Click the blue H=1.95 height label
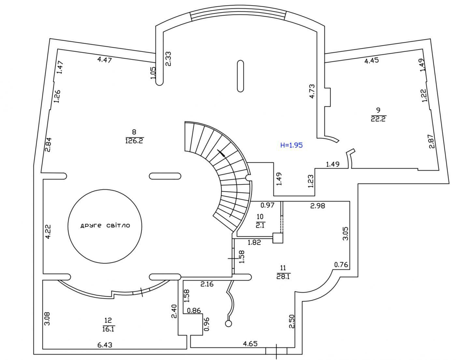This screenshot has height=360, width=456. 292,145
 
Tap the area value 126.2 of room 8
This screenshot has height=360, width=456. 135,141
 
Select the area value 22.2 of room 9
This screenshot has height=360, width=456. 378,119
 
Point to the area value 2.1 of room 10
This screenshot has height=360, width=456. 260,225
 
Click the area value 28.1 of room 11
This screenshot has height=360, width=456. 283,276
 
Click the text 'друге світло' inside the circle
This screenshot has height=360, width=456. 105,226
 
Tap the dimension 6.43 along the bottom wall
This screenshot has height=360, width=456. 105,345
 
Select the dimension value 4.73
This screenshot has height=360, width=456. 312,91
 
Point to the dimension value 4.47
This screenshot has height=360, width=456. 105,60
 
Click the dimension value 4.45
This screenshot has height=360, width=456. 371,61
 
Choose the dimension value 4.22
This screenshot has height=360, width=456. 48,232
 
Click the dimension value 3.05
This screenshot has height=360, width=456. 345,234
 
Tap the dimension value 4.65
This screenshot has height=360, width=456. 250,343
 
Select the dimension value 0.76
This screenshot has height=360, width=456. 341,265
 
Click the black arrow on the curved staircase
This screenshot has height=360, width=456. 221,153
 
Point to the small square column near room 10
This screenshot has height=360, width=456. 278,238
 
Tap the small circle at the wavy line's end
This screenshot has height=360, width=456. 228,324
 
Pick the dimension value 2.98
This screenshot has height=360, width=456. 318,206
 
